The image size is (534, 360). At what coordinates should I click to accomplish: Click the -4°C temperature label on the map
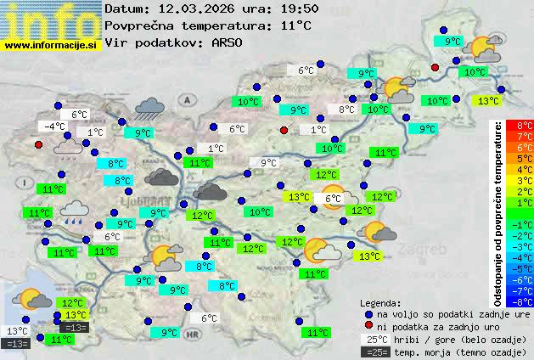[x=54, y=127]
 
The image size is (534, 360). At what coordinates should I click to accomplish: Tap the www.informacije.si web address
[x=50, y=44]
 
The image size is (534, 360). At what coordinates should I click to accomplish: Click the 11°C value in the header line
[x=295, y=25]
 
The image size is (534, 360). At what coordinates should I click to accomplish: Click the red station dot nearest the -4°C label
[x=38, y=144]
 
